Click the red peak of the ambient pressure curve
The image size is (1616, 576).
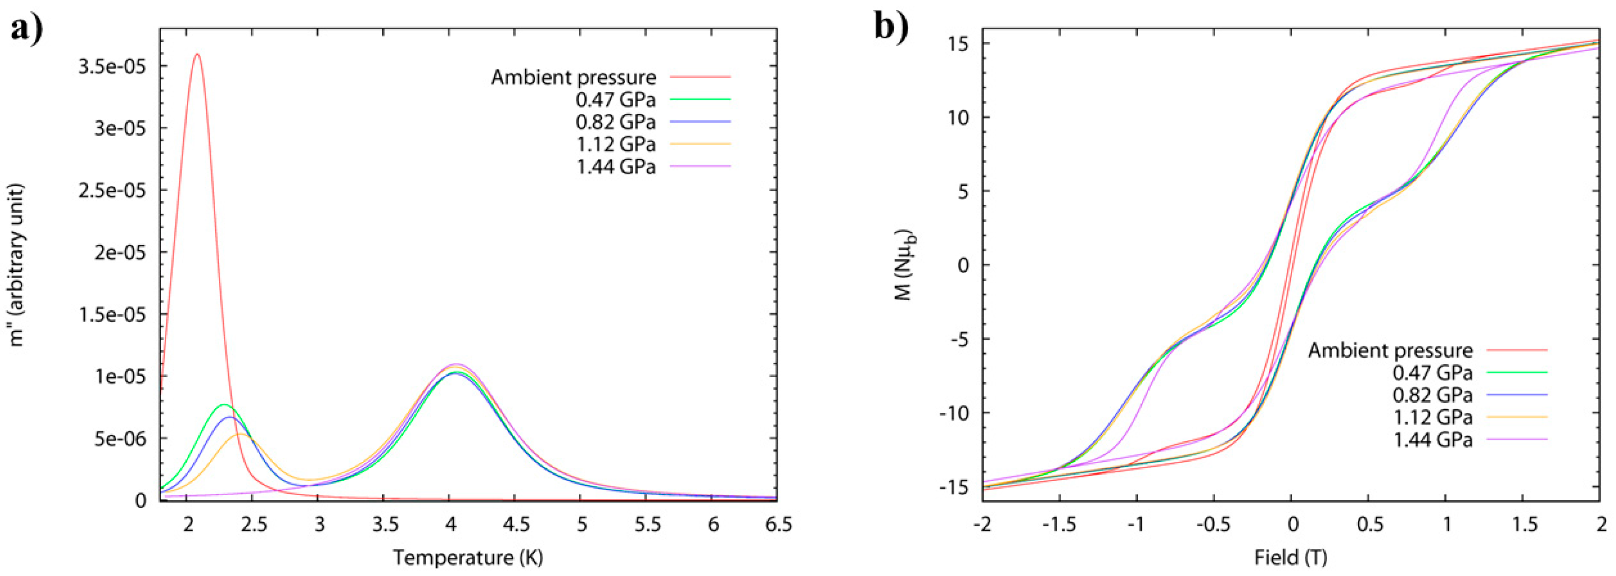pos(197,55)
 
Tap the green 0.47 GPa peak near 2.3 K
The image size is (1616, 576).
pos(224,405)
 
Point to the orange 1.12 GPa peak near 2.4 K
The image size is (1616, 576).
pos(240,434)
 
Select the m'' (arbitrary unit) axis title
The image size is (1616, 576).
pos(18,265)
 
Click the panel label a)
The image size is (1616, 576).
pos(26,28)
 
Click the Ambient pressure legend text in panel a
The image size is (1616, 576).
pos(573,77)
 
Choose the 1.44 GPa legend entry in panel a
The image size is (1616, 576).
pos(615,167)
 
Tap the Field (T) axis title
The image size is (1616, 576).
pos(1290,557)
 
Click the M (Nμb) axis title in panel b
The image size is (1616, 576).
pos(904,265)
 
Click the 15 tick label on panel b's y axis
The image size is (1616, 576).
pos(957,44)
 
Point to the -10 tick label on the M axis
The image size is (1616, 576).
pos(952,413)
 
